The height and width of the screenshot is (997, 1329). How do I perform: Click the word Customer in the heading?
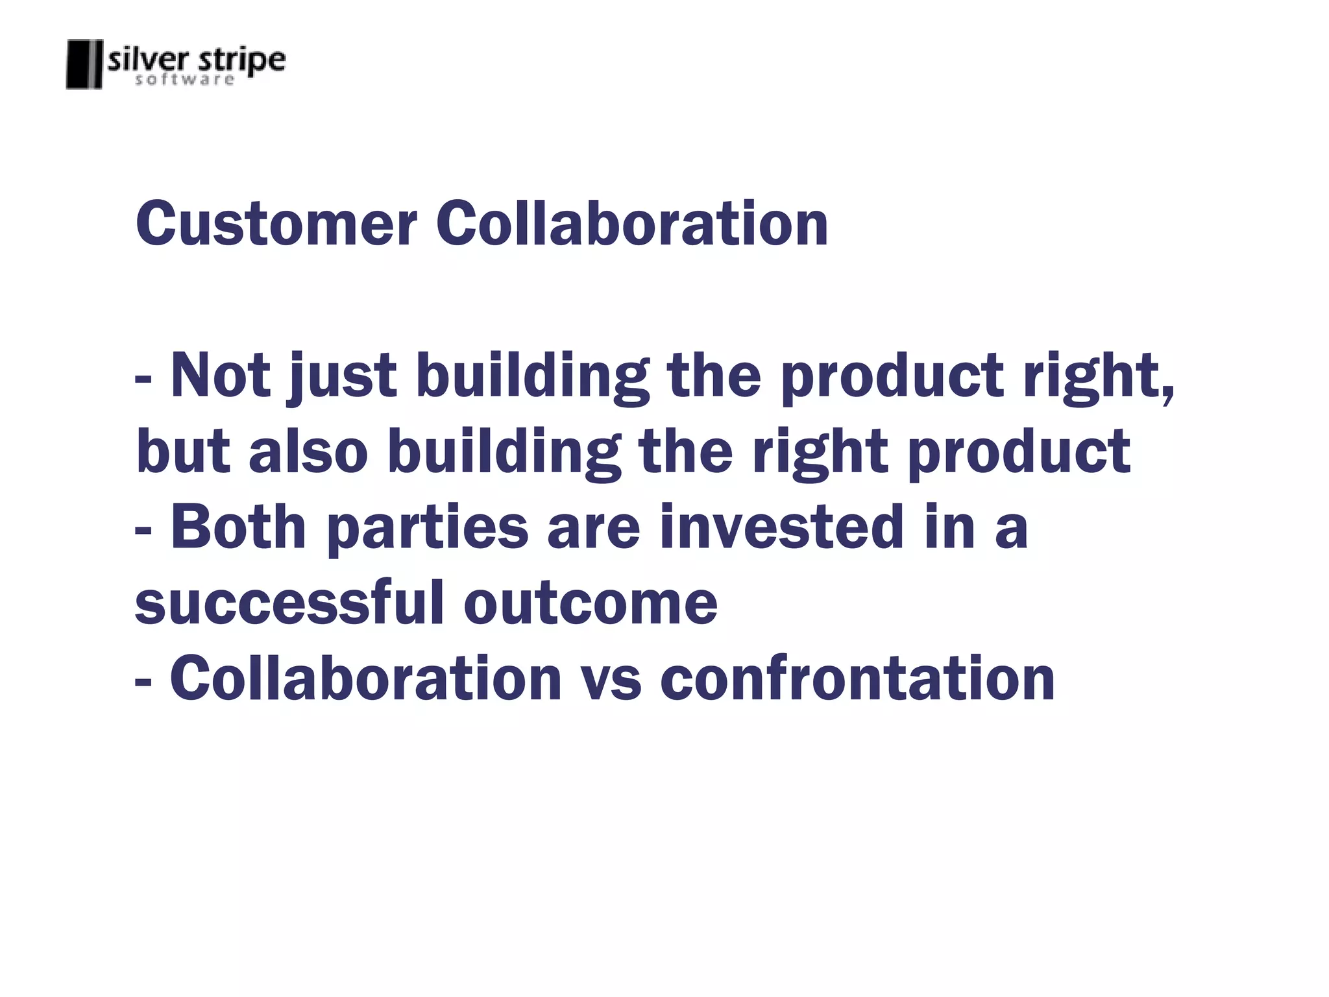pyautogui.click(x=276, y=224)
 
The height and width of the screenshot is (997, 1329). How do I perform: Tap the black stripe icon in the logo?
pyautogui.click(x=84, y=64)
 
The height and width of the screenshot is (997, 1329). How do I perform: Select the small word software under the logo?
pyautogui.click(x=184, y=80)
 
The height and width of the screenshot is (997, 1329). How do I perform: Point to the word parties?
pyautogui.click(x=428, y=529)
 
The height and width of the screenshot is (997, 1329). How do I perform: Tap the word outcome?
pyautogui.click(x=591, y=603)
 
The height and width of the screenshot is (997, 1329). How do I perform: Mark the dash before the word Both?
pyautogui.click(x=143, y=530)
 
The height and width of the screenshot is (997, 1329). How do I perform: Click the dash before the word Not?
pyautogui.click(x=143, y=379)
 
